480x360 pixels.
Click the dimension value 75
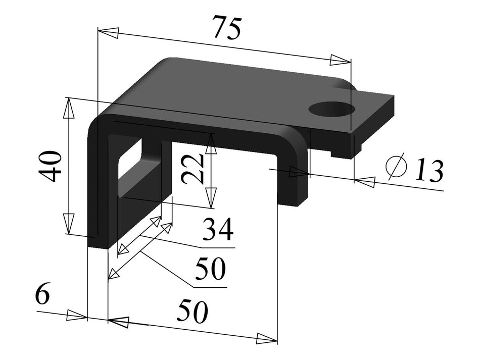click(226, 28)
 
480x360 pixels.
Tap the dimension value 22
click(194, 168)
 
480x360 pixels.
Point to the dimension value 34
click(218, 230)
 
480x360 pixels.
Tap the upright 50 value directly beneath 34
click(210, 270)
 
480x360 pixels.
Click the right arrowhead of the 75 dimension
click(340, 61)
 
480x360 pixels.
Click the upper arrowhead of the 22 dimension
click(211, 144)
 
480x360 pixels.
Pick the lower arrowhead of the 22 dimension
click(211, 197)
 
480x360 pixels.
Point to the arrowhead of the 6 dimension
click(77, 316)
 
